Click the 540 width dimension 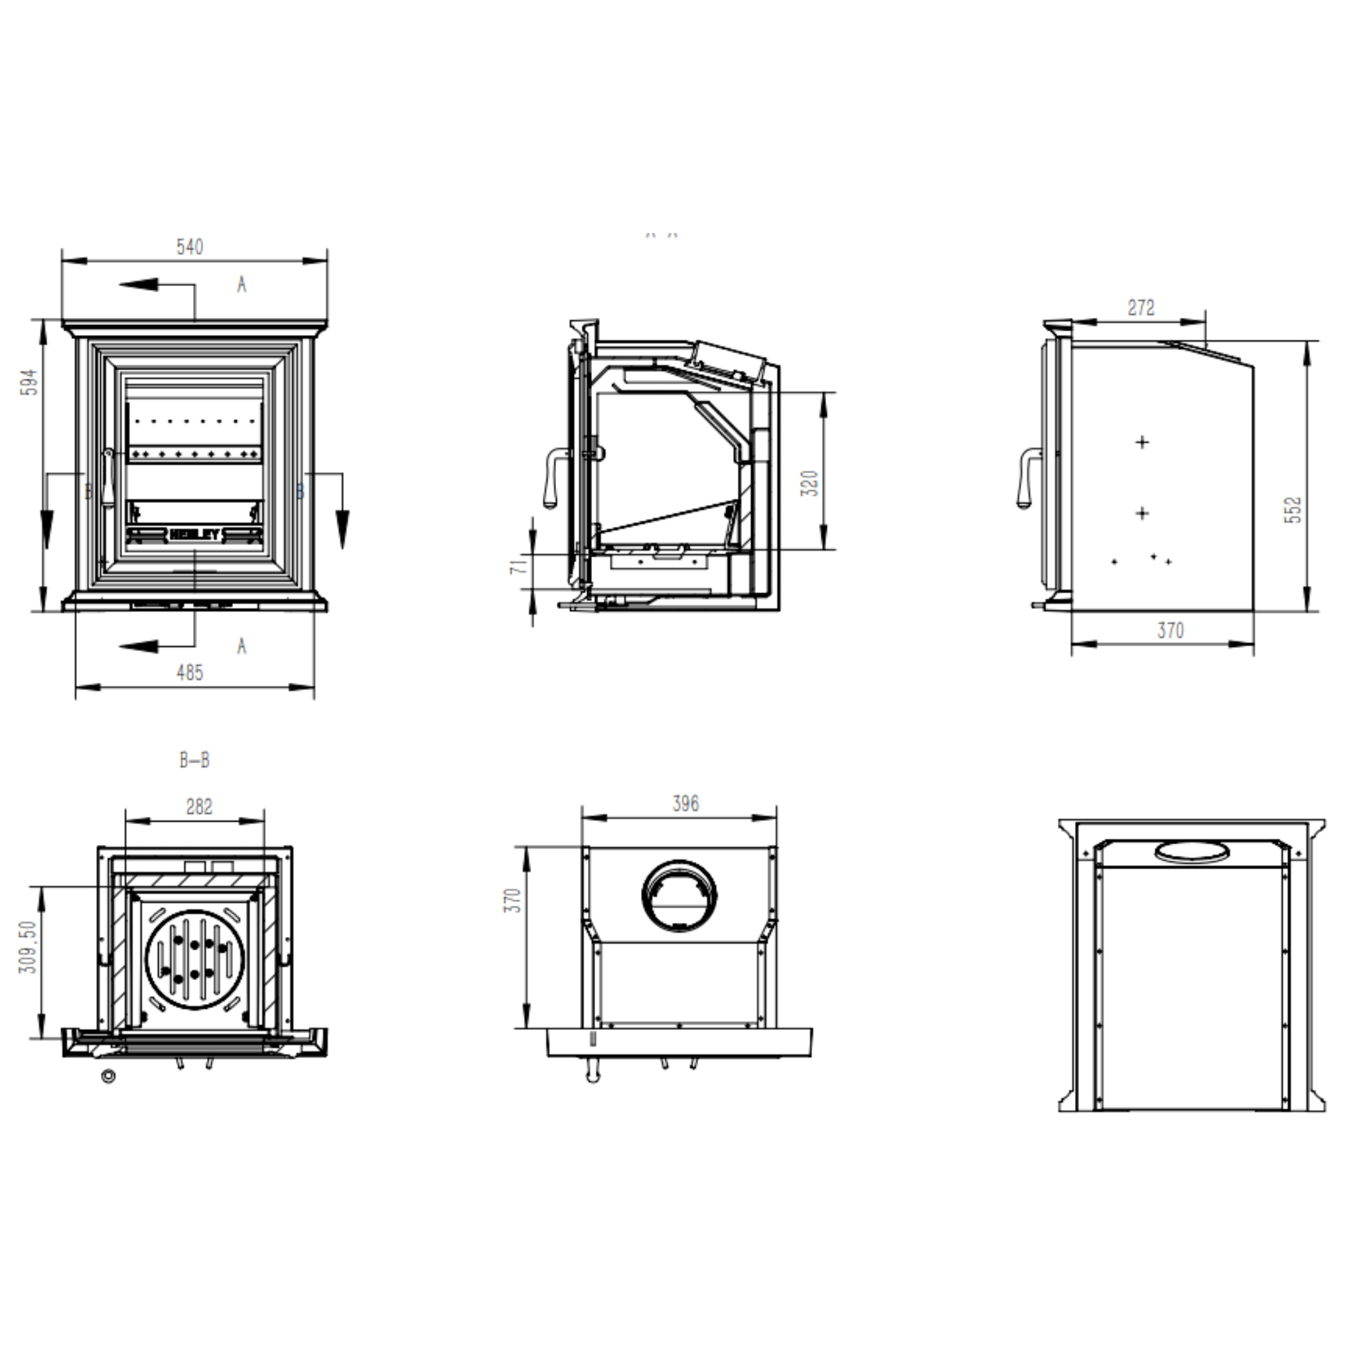tap(189, 247)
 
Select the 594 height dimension tap(31, 382)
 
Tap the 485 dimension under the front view tap(189, 672)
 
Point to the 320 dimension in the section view tap(810, 483)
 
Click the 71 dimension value tap(518, 564)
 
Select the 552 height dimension tap(1293, 510)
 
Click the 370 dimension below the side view tap(1171, 630)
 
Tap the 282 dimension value tap(199, 807)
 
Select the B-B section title tap(194, 760)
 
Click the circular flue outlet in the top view tap(679, 895)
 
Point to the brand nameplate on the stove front tap(195, 535)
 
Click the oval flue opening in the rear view tap(1192, 851)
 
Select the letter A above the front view tap(242, 285)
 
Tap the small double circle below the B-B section tap(108, 1076)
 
